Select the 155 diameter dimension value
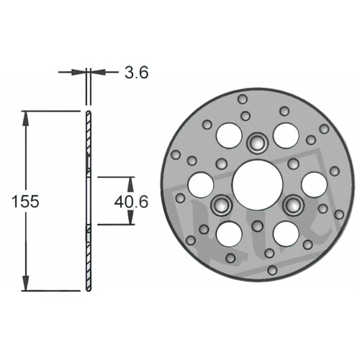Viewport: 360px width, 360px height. [25, 202]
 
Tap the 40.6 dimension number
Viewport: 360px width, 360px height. [132, 202]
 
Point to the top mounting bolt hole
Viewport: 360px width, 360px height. [256, 143]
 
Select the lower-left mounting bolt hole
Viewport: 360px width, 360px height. [220, 206]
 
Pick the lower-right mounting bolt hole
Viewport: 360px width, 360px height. [292, 205]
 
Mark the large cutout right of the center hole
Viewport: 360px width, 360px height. [313, 184]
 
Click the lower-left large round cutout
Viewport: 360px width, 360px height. [229, 233]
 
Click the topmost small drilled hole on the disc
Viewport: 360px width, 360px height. [242, 99]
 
